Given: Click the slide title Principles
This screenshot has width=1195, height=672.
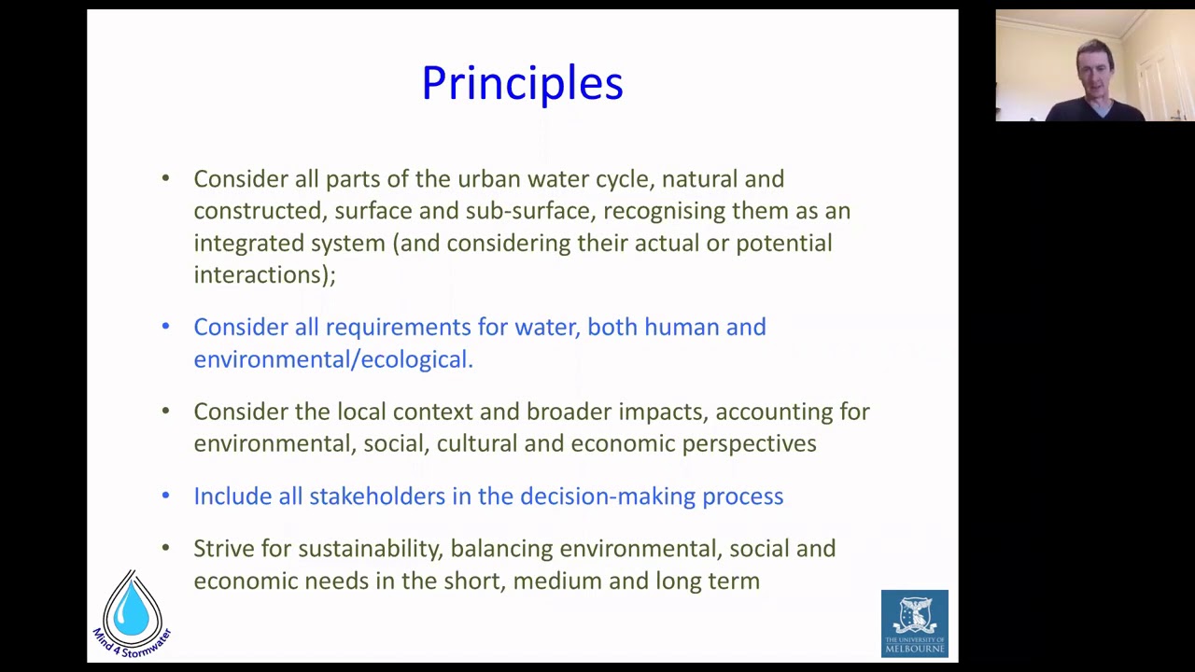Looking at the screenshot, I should pos(522,83).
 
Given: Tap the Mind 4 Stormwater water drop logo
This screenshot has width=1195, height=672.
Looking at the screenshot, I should pos(132,611).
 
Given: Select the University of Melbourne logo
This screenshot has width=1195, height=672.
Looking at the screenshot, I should pos(914,623).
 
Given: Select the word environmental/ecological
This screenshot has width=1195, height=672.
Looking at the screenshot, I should pos(332,359).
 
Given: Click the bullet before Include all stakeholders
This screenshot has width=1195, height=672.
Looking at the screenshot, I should pos(165,496).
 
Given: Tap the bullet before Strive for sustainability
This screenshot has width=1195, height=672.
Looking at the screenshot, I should pos(165,548).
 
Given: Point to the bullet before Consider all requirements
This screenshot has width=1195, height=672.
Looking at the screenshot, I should pos(165,327).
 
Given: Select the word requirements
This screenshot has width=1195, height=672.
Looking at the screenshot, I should pos(398,328).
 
